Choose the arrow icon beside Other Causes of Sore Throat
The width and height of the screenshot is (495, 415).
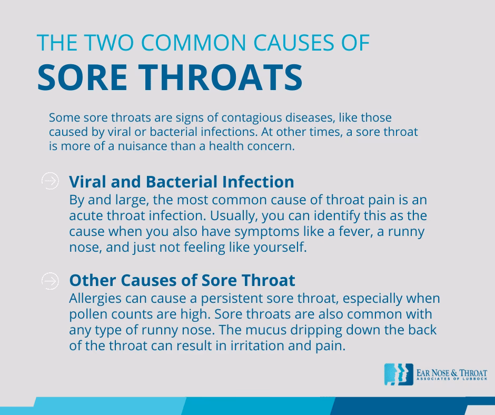[x=50, y=280]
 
